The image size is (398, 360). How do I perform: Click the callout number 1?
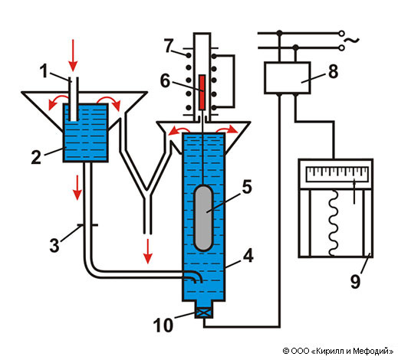[44, 70]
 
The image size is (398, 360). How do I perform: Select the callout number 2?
[36, 156]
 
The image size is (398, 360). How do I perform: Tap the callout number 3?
[54, 245]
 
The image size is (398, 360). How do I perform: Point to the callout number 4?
[248, 256]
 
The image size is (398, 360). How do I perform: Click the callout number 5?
[247, 187]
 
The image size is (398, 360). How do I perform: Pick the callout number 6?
[165, 80]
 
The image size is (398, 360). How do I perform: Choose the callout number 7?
[169, 46]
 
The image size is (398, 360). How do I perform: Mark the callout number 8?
[333, 71]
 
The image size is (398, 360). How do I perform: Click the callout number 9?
[355, 281]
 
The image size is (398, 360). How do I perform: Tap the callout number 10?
[163, 325]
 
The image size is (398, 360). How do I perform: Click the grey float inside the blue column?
[203, 218]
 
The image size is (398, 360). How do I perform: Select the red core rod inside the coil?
[202, 93]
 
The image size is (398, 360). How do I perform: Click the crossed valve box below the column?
[203, 313]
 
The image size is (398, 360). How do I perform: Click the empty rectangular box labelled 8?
[288, 77]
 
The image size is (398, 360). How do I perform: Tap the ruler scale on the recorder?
[337, 174]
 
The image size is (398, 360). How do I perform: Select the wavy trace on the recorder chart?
[334, 224]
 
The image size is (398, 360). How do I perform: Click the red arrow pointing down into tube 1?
[73, 55]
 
